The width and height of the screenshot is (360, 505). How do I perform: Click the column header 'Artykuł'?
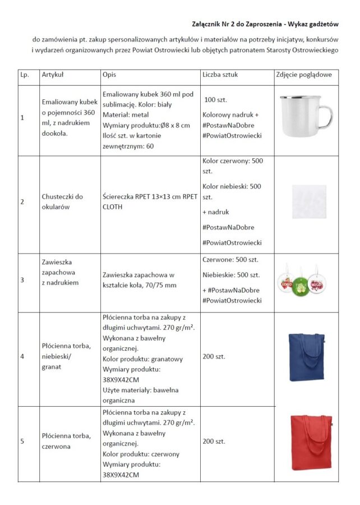(52, 75)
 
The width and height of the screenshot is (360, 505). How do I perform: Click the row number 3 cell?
(22, 283)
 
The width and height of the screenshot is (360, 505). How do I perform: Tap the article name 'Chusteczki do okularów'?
(62, 201)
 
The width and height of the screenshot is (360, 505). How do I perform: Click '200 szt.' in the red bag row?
(214, 442)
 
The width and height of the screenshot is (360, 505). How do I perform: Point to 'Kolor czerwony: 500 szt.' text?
(232, 166)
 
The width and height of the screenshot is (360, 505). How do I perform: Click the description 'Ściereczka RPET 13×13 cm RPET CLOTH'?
(150, 201)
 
